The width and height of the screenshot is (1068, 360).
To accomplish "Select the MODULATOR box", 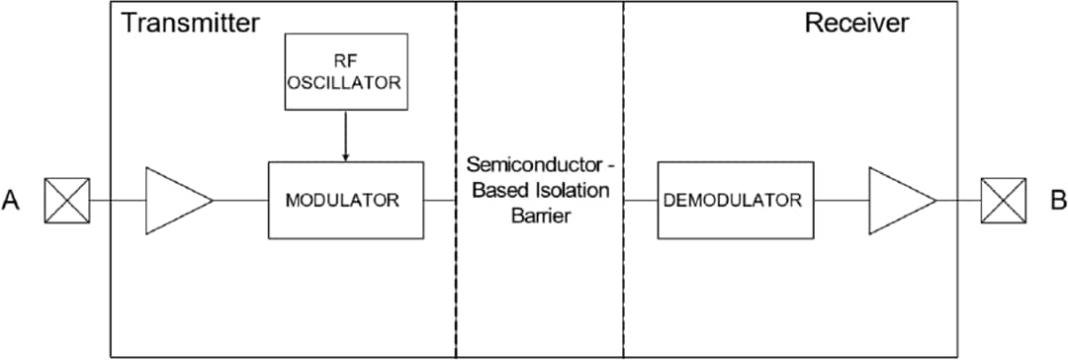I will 345,200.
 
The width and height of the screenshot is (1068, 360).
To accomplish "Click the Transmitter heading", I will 190,23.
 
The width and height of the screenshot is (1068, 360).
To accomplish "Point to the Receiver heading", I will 856,23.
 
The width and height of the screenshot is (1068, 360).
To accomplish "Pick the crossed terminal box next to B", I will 1001,200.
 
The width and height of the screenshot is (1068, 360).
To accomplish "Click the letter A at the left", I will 12,201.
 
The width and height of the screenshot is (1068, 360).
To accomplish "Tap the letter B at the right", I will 1057,201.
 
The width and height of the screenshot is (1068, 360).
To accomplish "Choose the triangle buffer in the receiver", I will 898,200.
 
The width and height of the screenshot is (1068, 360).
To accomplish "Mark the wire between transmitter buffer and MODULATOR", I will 240,200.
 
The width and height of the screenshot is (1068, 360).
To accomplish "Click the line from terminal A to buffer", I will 118,200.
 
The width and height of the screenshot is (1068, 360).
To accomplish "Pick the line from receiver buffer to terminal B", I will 958,200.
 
